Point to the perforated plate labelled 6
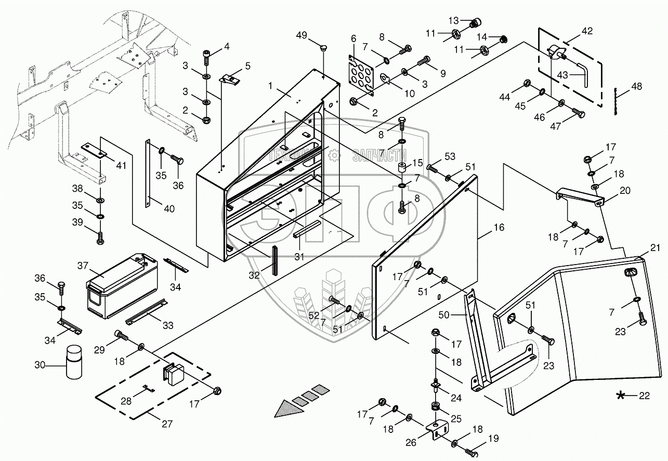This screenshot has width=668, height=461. click(x=363, y=74)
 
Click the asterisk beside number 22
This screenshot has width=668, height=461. click(x=621, y=397)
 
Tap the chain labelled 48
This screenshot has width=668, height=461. click(x=615, y=100)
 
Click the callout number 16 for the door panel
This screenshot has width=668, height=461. click(x=499, y=228)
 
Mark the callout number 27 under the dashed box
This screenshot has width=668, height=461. click(x=166, y=424)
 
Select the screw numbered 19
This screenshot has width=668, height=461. click(x=471, y=452)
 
